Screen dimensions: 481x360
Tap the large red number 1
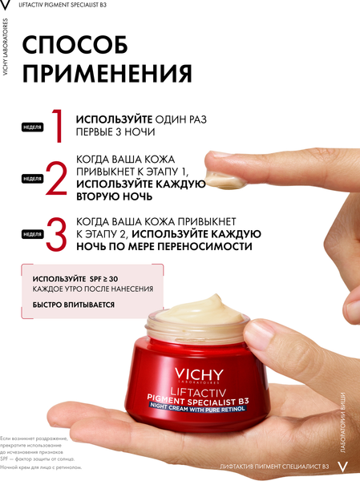[x=57, y=127]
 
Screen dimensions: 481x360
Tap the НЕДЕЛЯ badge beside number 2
[x=32, y=179]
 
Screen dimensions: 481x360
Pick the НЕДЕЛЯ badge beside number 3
[x=32, y=234]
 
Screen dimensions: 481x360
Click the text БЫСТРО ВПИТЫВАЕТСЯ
[x=73, y=305]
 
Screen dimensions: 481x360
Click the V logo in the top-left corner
[x=6, y=6]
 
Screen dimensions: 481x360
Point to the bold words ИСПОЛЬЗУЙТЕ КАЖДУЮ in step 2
[x=141, y=184]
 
